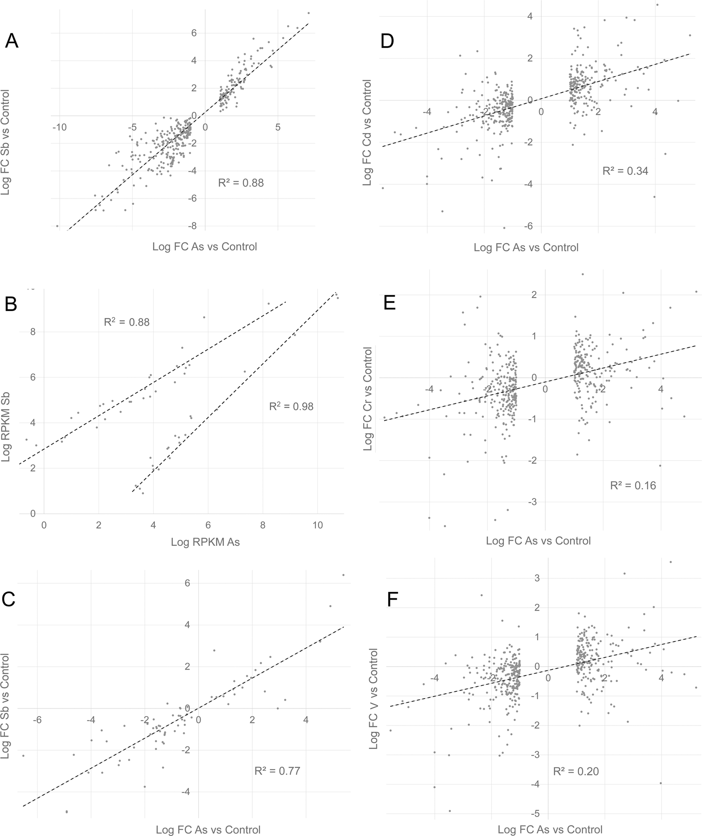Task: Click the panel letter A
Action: [x=12, y=41]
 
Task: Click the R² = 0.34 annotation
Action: [x=625, y=172]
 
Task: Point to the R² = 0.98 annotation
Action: [x=291, y=407]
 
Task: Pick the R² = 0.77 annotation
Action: [x=277, y=771]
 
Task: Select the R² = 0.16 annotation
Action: [x=633, y=486]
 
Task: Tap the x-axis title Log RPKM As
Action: [x=205, y=542]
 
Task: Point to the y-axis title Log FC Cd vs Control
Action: [x=367, y=132]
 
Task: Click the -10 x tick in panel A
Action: [x=59, y=128]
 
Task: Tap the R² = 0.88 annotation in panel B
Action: [x=127, y=322]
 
